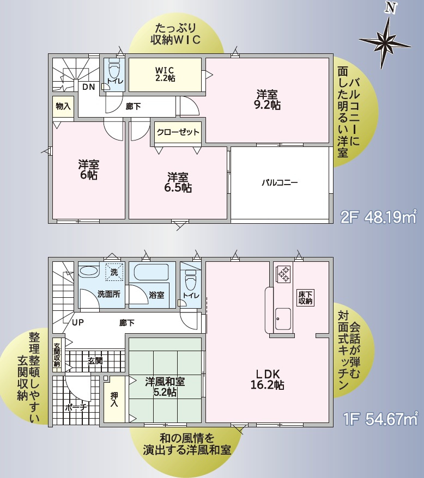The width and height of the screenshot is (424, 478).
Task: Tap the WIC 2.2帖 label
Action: (x=165, y=74)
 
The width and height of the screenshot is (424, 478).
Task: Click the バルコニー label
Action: (x=280, y=183)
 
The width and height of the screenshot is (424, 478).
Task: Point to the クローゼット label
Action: (x=178, y=132)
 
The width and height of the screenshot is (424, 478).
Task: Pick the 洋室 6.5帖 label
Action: (x=178, y=182)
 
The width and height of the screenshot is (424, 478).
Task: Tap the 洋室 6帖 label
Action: (x=88, y=169)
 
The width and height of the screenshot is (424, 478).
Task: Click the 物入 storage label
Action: (x=63, y=106)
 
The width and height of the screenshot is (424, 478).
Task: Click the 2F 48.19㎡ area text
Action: (x=378, y=217)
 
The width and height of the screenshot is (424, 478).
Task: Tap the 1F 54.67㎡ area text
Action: (x=380, y=419)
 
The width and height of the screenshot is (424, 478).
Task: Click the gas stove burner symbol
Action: (x=283, y=274)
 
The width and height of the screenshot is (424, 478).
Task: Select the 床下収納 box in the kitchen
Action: (x=305, y=297)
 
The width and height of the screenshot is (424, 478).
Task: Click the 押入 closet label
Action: (x=114, y=400)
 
